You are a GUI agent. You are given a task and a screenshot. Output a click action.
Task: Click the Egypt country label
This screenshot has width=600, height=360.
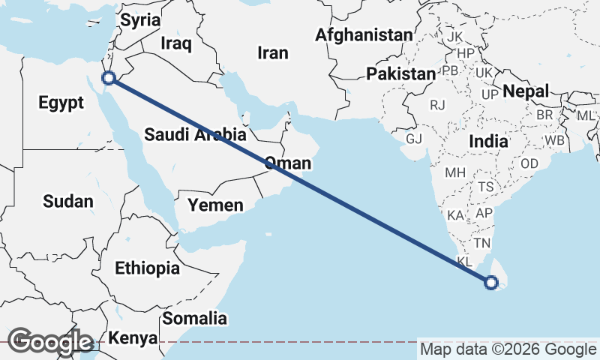pyautogui.click(x=61, y=103)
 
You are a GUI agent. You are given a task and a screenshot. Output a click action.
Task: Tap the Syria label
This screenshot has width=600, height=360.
pyautogui.click(x=141, y=20)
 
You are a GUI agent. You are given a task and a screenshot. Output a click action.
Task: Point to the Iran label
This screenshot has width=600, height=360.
pyautogui.click(x=272, y=52)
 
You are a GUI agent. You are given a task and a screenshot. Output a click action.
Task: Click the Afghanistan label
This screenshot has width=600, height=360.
pyautogui.click(x=364, y=34)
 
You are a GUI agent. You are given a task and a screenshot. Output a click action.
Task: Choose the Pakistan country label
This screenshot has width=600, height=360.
pyautogui.click(x=400, y=73)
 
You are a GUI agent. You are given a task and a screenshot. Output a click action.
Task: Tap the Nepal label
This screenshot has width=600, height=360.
pyautogui.click(x=526, y=91)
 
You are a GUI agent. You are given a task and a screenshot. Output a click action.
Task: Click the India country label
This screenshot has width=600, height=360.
pyautogui.click(x=487, y=141)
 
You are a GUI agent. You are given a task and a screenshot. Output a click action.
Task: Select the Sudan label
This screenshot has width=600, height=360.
pyautogui.click(x=68, y=201)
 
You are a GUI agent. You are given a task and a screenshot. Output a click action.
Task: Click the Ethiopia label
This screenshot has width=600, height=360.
pyautogui.click(x=147, y=268)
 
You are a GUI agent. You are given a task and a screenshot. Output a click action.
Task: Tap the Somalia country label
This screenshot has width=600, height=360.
pyautogui.click(x=194, y=318)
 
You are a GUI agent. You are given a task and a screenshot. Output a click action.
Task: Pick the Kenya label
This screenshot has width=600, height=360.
pyautogui.click(x=133, y=337)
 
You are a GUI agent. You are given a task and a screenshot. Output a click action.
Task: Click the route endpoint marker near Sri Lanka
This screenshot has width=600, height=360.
pyautogui.click(x=491, y=283)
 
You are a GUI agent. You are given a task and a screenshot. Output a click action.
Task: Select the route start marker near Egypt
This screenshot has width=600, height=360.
pyautogui.click(x=109, y=77)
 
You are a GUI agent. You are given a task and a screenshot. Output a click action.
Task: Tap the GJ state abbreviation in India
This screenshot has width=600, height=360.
pyautogui.click(x=414, y=139)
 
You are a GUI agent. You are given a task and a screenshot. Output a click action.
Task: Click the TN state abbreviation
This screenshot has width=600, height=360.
pyautogui.click(x=481, y=243)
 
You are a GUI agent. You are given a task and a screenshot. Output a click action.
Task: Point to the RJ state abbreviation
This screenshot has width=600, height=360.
pyautogui.click(x=438, y=105)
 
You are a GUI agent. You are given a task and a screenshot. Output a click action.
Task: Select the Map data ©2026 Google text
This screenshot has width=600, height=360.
pyautogui.click(x=507, y=349)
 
